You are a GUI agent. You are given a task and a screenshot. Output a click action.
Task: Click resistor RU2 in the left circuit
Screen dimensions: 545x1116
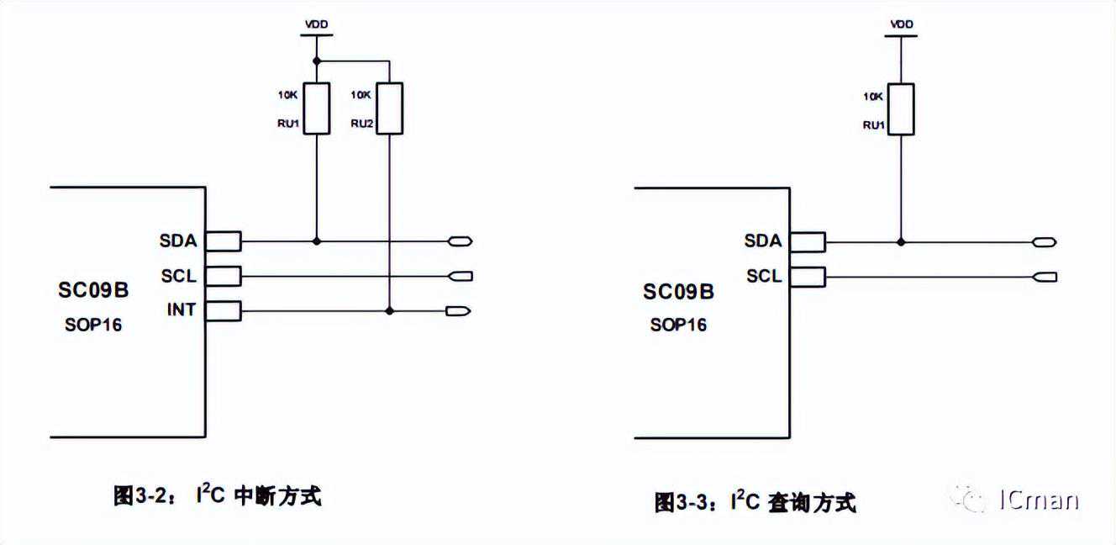point(389,108)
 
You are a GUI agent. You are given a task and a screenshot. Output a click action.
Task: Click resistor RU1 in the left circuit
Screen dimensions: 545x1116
point(316,108)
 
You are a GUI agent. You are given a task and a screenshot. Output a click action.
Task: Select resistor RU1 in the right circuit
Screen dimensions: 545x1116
point(901,109)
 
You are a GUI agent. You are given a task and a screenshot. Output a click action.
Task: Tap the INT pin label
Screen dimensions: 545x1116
point(181,310)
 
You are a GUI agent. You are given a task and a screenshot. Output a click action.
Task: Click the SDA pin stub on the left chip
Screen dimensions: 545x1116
point(224,241)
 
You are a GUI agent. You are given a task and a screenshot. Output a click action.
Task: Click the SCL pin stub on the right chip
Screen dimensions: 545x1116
point(808,276)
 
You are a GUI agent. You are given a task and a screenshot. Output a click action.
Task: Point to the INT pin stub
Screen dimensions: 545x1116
point(224,310)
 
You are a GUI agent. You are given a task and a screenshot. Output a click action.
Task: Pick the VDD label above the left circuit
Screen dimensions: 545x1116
point(316,25)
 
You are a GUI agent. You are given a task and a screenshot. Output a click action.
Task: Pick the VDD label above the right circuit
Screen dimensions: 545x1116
point(901,25)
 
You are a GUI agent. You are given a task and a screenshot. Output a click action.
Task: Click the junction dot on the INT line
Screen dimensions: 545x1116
point(389,310)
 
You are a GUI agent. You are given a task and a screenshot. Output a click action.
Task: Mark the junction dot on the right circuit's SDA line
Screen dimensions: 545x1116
point(901,241)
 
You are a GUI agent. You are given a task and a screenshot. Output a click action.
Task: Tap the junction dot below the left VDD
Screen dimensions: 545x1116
point(316,61)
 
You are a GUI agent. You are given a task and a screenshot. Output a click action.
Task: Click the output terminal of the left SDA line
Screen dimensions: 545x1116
point(461,241)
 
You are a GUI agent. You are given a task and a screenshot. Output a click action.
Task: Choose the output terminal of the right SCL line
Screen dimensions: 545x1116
point(1045,276)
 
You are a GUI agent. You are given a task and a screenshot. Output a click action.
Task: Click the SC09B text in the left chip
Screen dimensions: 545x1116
point(93,291)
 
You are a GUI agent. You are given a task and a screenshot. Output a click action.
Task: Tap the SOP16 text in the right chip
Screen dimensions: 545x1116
point(678,325)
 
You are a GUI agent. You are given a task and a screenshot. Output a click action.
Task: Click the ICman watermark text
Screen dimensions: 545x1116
point(1039,500)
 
